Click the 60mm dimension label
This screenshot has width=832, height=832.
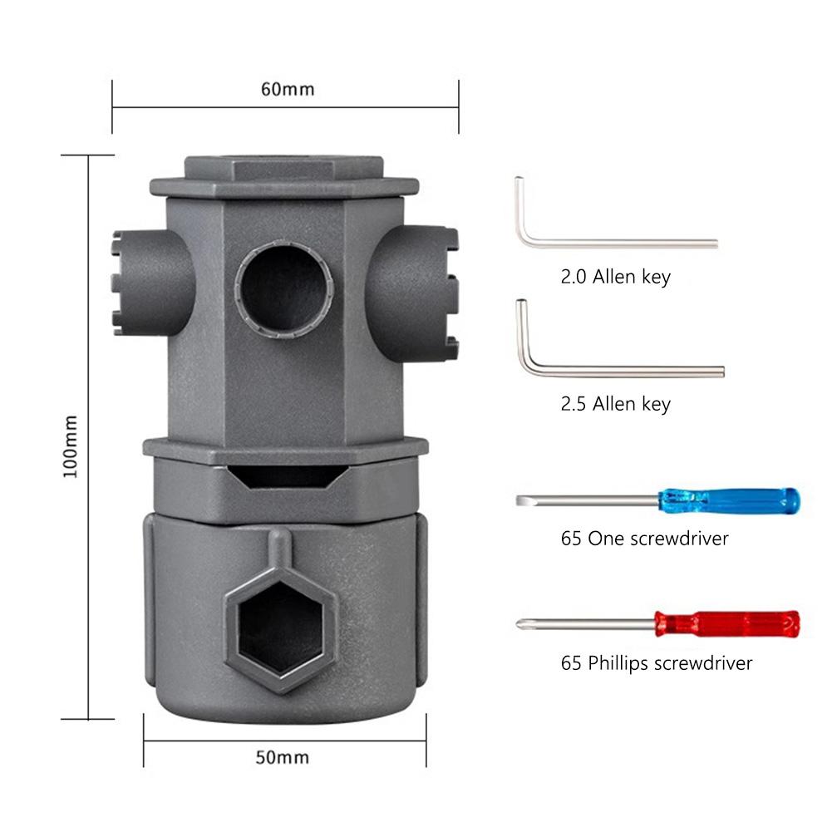tap(288, 89)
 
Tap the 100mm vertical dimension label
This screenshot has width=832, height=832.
tap(71, 447)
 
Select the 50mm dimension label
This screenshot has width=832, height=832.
tap(283, 757)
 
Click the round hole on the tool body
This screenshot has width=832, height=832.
tap(284, 290)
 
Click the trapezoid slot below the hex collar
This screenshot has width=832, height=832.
tap(285, 476)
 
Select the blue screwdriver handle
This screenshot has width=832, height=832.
tap(729, 501)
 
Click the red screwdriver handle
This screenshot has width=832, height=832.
tap(727, 623)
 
